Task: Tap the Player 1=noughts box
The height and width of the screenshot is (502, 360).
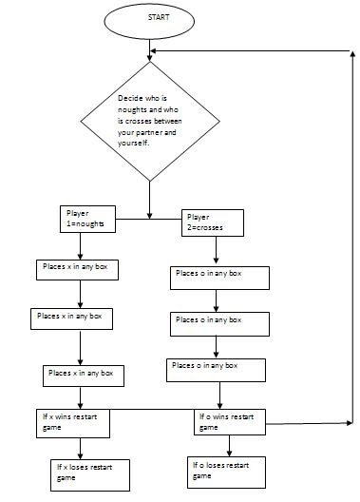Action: pyautogui.click(x=87, y=219)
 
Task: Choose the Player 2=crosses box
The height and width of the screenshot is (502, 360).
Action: pyautogui.click(x=213, y=222)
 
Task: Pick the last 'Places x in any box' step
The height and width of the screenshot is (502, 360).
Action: pyautogui.click(x=85, y=374)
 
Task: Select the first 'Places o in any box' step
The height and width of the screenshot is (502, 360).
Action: pyautogui.click(x=218, y=277)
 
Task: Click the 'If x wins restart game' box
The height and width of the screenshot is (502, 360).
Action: pyautogui.click(x=77, y=421)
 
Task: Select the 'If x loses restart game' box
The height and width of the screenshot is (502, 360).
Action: pyautogui.click(x=88, y=472)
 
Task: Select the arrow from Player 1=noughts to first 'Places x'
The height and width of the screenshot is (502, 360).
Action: pyautogui.click(x=80, y=244)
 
